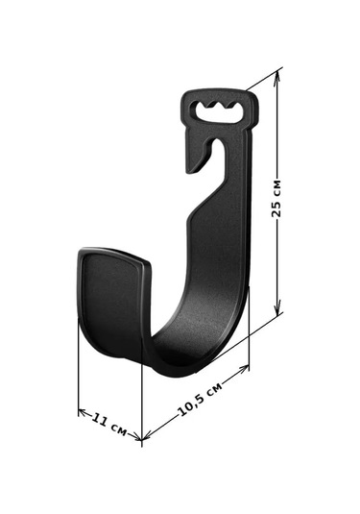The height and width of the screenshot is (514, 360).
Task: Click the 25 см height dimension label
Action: point(276,198)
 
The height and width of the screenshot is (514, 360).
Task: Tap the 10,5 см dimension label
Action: point(200,399)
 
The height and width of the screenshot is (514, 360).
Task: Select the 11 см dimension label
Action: point(108,425)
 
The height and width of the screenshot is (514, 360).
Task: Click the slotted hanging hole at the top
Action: point(219,112)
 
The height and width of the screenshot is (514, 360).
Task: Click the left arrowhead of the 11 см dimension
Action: point(83,412)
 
